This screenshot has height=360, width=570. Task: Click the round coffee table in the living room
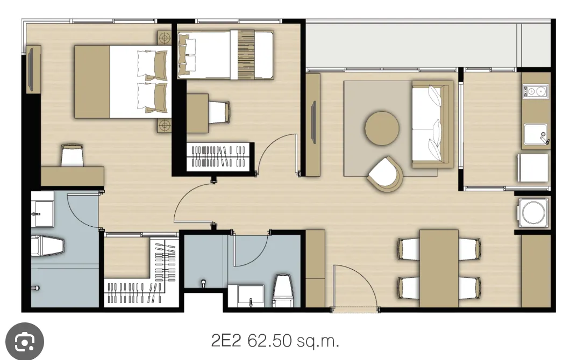(x=382, y=128)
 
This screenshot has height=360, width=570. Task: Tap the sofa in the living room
(x=432, y=124)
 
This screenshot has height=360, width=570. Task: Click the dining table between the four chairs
(x=439, y=268)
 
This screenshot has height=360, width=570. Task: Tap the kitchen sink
(x=536, y=134)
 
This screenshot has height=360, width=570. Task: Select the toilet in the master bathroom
(x=48, y=246)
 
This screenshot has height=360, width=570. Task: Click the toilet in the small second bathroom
(x=283, y=290)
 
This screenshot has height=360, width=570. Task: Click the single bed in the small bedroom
(x=225, y=55)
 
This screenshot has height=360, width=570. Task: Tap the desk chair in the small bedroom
(x=219, y=112)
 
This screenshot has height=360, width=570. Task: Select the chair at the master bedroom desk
(x=73, y=155)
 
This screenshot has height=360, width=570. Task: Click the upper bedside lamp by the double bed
(x=165, y=38)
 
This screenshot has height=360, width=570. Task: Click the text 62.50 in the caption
(x=269, y=341)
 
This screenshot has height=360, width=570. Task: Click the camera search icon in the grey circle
(x=25, y=342)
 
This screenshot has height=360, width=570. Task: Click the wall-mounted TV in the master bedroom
(x=31, y=69)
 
